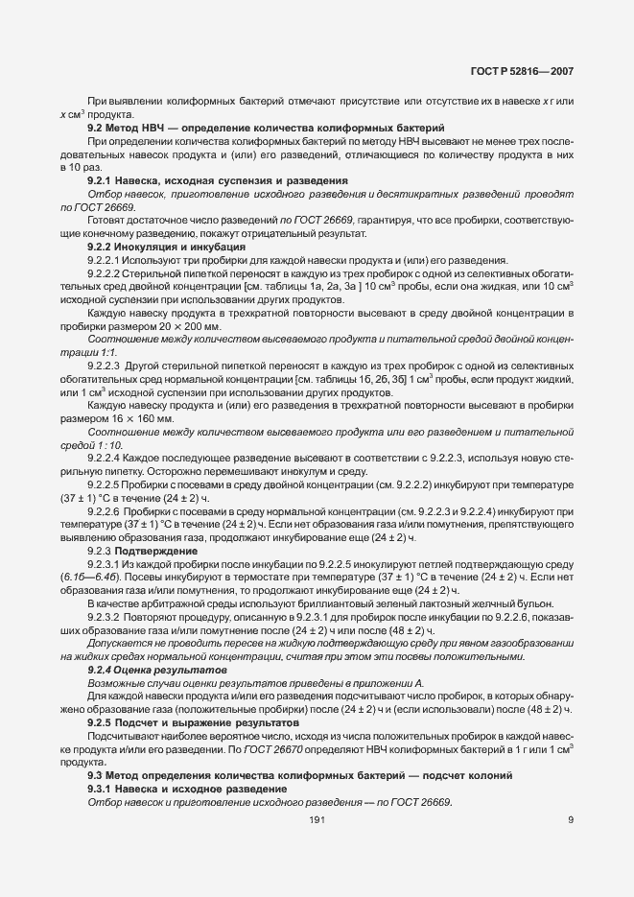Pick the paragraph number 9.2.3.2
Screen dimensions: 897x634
pyautogui.click(x=106, y=617)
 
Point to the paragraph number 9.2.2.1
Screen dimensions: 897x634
pyautogui.click(x=106, y=261)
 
